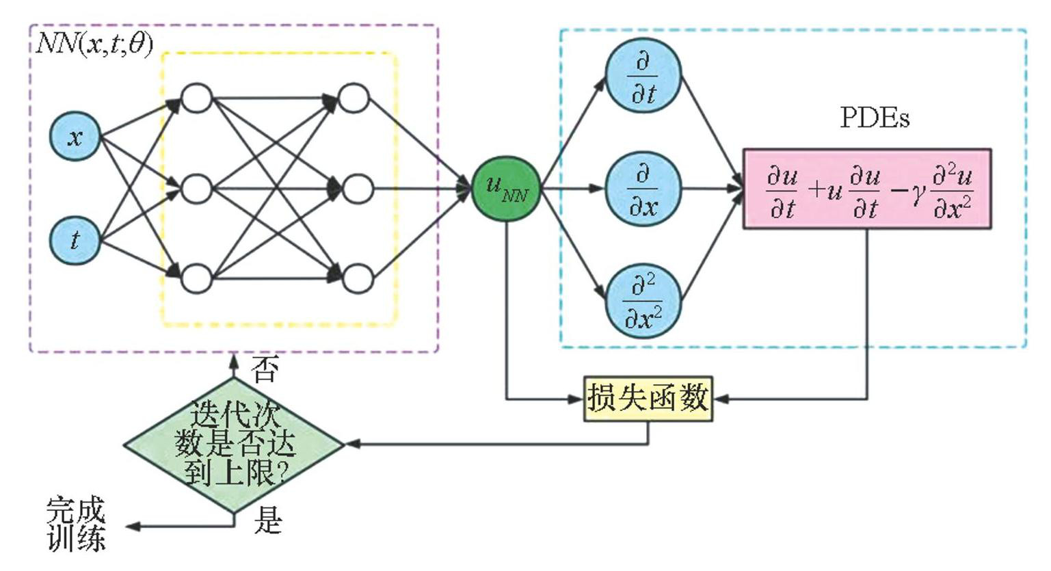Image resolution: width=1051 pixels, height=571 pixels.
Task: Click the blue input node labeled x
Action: tap(75, 137)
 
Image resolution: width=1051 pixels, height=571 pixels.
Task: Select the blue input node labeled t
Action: tap(75, 240)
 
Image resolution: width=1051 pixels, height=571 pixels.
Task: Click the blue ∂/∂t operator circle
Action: tap(643, 76)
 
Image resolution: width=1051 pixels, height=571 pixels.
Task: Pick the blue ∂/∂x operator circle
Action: tap(643, 189)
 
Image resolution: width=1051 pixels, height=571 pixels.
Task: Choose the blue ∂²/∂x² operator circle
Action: tap(643, 301)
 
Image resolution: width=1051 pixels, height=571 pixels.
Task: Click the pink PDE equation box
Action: tap(867, 188)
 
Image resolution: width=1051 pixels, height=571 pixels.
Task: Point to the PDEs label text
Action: tap(875, 118)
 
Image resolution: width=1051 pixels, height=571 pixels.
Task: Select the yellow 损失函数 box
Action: tap(648, 398)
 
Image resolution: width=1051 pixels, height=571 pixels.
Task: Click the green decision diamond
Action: tap(234, 444)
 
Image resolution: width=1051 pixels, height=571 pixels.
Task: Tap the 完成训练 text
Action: tap(77, 524)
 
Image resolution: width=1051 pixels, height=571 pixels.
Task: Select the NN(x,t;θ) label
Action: tap(94, 44)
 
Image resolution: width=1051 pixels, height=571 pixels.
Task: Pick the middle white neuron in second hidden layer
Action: tap(356, 189)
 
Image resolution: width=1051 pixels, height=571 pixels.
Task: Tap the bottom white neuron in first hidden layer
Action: tap(197, 279)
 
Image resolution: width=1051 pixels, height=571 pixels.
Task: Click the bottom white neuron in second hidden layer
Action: tap(356, 279)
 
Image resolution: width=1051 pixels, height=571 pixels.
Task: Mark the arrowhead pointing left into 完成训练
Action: tap(132, 527)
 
